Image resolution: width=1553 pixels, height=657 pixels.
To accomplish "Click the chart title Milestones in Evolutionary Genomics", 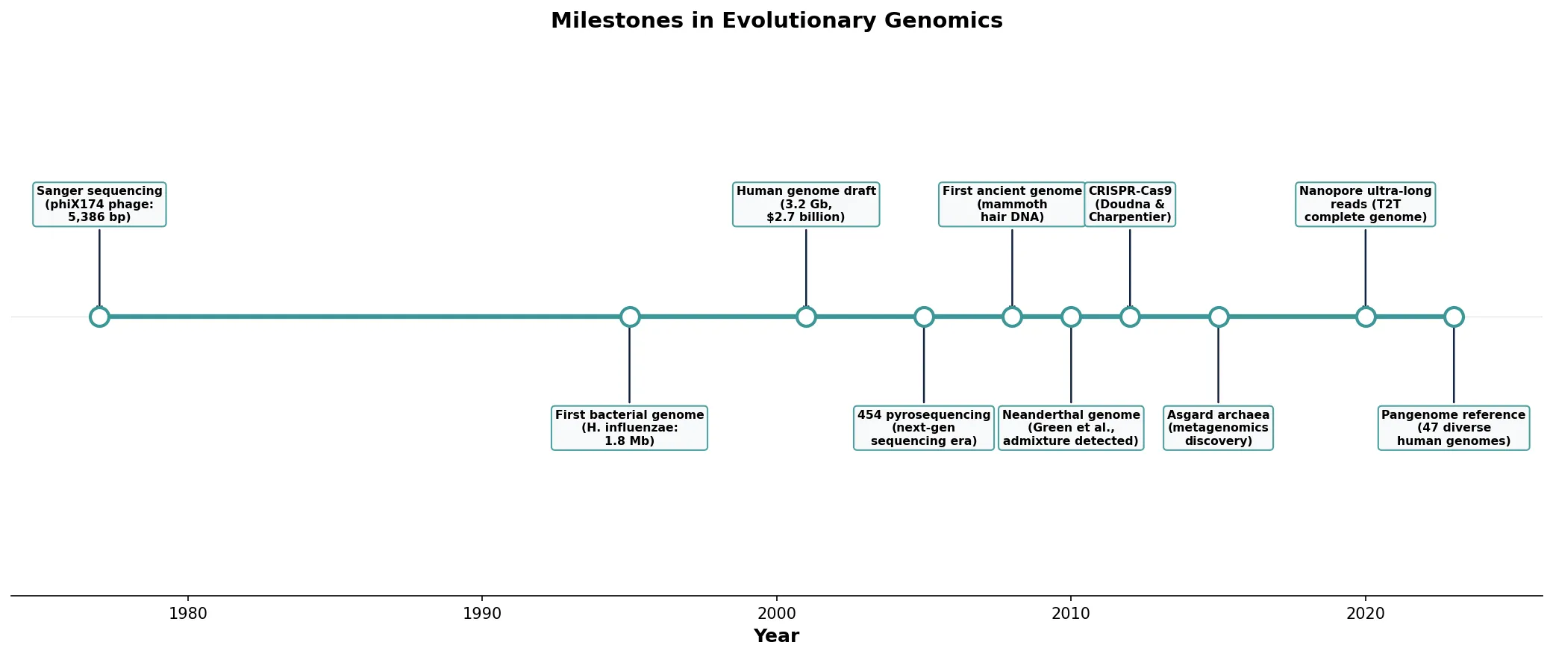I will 776,21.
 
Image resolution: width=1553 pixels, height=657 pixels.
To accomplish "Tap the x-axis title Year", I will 776,636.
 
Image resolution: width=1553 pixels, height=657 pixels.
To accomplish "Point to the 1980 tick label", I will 188,614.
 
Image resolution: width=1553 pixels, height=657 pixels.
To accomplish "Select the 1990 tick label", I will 482,614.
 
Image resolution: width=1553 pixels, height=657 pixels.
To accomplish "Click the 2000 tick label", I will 776,614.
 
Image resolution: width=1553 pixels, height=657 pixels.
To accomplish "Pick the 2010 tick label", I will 1071,614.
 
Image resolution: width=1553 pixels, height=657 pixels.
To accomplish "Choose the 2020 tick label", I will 1365,614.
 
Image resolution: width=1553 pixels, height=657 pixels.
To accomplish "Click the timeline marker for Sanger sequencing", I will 99,317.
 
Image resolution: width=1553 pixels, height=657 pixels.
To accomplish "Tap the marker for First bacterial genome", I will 630,317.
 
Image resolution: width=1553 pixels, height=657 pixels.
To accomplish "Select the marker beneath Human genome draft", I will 806,317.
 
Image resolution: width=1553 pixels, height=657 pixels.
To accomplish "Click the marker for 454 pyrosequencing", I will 924,317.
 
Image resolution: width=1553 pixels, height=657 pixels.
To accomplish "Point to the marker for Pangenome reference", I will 1454,317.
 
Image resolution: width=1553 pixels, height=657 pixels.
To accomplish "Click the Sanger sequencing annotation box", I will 99,204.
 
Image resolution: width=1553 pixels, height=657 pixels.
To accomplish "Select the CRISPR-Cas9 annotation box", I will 1130,204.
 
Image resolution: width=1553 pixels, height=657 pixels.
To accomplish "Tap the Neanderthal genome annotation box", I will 1071,428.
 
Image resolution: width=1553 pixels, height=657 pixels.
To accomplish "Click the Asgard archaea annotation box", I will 1218,428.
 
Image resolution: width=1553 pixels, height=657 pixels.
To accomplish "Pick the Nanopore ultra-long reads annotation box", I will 1365,204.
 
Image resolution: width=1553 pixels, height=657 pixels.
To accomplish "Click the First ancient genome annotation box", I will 1012,204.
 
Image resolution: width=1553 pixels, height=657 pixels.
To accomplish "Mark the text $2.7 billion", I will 806,217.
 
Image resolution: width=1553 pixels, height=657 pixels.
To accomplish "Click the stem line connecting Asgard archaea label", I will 1218,366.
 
